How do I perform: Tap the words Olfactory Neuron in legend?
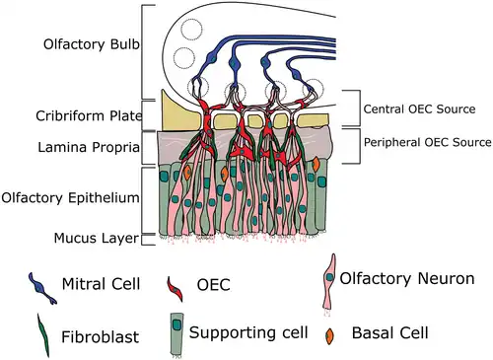point(408,280)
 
